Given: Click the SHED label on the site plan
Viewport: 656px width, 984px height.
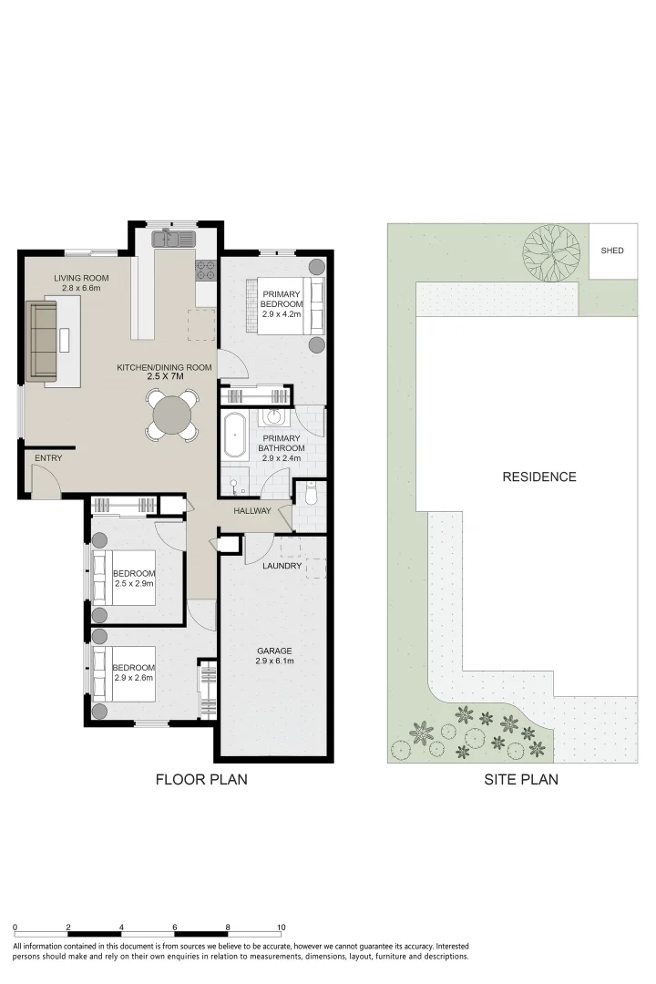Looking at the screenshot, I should (612, 251).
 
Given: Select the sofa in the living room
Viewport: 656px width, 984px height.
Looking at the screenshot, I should (43, 342).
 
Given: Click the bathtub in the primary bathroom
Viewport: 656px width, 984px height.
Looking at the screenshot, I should (236, 436).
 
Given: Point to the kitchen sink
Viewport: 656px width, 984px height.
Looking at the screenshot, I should (174, 239).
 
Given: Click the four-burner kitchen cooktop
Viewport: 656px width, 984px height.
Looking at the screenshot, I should (205, 269).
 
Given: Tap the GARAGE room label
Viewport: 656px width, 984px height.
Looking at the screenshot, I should (274, 651).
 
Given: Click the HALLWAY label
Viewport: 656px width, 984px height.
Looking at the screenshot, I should (252, 511).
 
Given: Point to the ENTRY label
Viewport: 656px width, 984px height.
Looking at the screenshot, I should (48, 458).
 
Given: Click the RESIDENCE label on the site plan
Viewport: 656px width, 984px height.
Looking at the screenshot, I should (539, 477).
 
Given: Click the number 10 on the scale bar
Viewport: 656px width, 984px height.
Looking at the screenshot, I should (282, 927).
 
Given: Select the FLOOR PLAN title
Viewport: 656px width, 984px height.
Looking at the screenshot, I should (201, 780).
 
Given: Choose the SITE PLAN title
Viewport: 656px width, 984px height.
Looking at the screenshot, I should (519, 780).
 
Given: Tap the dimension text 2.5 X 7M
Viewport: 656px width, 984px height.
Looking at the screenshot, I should (165, 376).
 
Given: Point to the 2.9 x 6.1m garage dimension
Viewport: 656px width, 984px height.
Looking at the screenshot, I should (274, 662).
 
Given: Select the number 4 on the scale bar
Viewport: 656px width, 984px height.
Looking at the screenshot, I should (121, 927).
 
